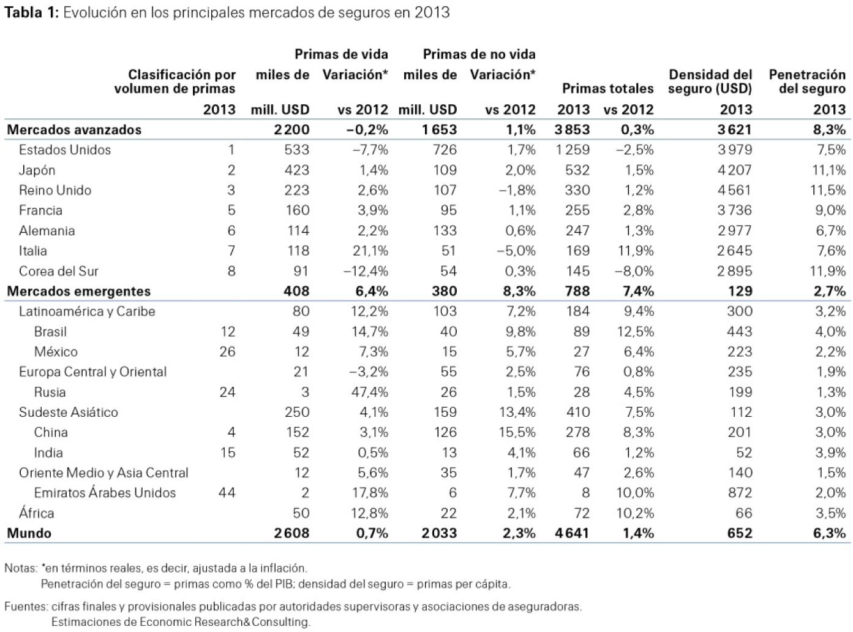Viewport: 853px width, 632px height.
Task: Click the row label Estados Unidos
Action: tap(65, 150)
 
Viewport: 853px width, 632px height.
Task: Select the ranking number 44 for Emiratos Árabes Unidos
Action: tap(227, 493)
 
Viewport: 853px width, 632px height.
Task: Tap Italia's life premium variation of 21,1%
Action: tap(370, 251)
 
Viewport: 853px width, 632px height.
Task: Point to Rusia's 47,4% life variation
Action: tap(370, 392)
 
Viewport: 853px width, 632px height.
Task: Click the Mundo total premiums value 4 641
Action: tap(572, 533)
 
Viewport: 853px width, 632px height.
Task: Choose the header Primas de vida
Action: tap(341, 55)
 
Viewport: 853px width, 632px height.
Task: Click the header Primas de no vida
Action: tap(479, 55)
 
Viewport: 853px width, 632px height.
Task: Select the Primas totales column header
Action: tap(607, 89)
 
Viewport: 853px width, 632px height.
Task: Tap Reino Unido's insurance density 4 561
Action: tap(735, 190)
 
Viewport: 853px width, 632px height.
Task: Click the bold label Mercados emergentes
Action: tap(78, 291)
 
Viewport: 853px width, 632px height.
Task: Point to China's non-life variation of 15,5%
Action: tap(517, 432)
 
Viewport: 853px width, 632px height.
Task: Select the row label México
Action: tap(56, 352)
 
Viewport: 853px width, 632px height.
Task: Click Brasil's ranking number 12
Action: tap(228, 332)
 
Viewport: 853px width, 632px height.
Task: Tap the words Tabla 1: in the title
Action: tap(31, 13)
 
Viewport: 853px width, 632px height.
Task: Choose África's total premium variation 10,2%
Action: tap(635, 513)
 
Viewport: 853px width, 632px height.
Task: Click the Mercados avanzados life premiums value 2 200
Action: tap(291, 129)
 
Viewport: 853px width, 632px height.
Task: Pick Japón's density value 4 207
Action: tap(735, 170)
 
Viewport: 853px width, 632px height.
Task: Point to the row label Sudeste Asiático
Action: tap(69, 412)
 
